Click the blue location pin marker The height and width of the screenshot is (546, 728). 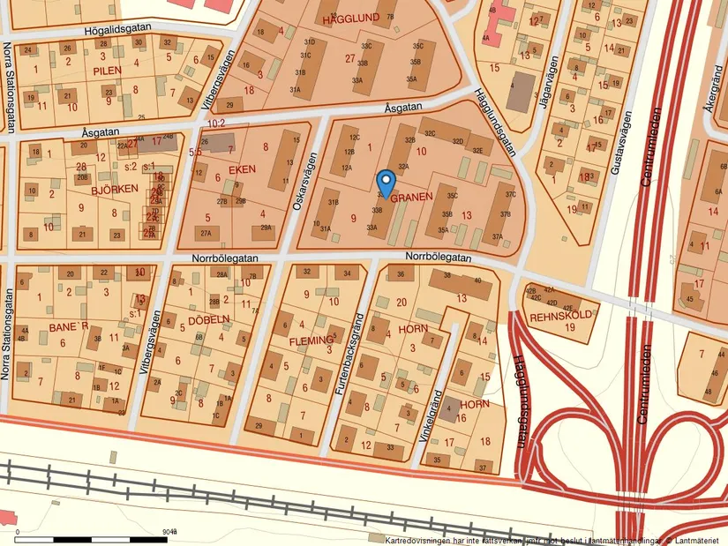coord(386,183)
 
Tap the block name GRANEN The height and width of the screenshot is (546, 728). coord(411,198)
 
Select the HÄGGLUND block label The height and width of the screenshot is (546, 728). coord(350,18)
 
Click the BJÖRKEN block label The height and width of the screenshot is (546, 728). coord(114,189)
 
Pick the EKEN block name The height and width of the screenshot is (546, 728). coord(241,169)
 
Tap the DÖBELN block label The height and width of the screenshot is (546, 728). coord(208,320)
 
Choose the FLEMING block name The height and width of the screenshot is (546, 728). coord(312,340)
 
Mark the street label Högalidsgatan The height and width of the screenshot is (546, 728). coord(117,28)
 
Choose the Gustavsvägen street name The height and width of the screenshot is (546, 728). coord(627,140)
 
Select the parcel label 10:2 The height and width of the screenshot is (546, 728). coord(218,122)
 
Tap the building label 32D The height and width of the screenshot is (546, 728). coord(457,141)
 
